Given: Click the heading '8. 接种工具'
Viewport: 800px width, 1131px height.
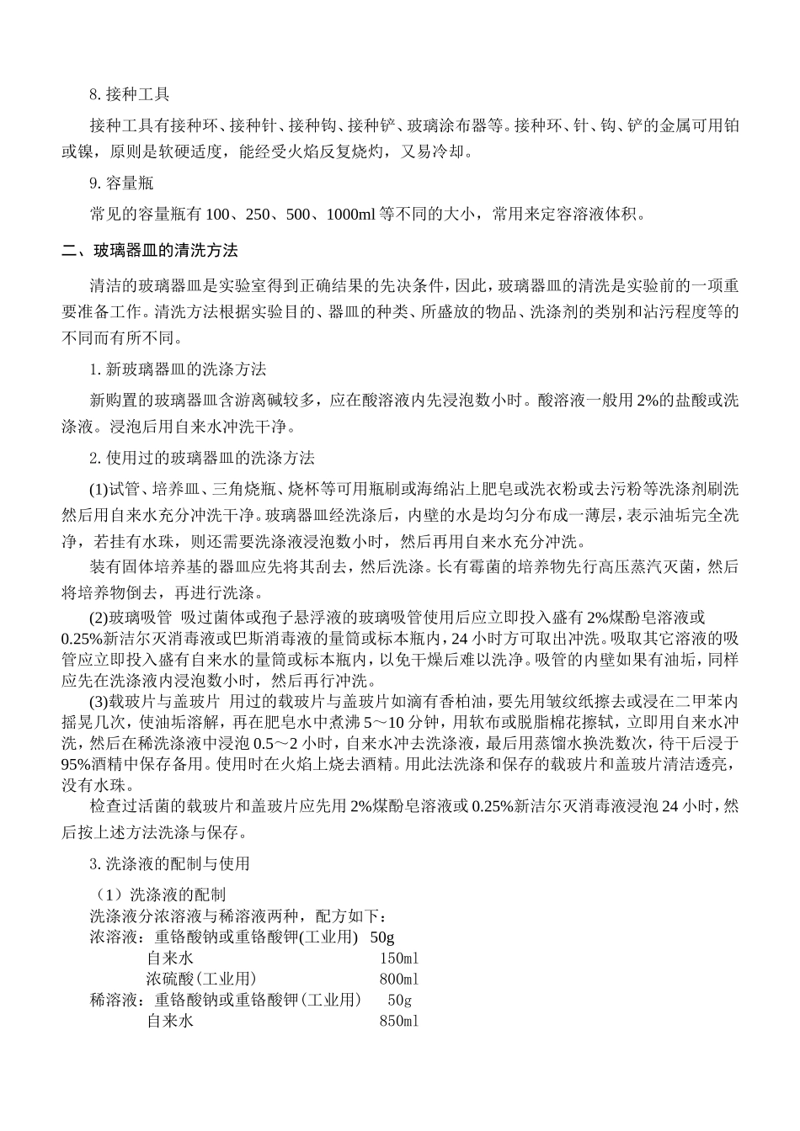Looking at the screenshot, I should point(130,94).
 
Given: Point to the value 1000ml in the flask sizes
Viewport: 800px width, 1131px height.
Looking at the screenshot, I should point(350,215).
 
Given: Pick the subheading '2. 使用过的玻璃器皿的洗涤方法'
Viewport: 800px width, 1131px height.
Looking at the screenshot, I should point(202,458).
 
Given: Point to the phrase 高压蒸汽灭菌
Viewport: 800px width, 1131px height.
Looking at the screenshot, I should point(623,567).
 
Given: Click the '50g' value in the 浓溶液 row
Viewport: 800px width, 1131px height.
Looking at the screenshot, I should point(382,937).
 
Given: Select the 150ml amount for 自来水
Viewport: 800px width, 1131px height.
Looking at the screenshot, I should point(399,958).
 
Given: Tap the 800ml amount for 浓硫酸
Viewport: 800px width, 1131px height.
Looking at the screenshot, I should point(399,979).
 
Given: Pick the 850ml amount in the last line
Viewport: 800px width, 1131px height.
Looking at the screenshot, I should point(399,1021).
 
